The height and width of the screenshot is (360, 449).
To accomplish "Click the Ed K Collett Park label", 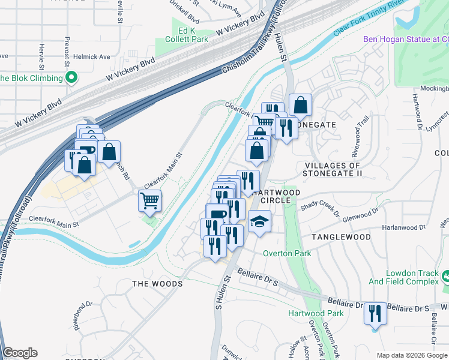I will pos(184,35).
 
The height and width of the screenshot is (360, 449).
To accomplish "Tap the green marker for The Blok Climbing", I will pos(71,77).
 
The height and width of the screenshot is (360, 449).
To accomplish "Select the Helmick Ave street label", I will pos(92,57).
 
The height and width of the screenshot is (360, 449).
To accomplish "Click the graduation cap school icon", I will pos(259,222).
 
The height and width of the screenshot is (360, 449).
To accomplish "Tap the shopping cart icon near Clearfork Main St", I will pos(149,200).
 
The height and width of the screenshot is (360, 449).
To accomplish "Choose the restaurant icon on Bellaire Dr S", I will pos(375,313).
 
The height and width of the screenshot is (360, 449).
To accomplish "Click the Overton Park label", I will pos(287,253).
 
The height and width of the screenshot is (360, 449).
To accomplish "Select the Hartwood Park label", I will pos(316,313).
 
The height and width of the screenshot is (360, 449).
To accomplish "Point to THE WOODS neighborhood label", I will pos(157,283).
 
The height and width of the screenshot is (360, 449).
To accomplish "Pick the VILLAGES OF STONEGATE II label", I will pos(333,169).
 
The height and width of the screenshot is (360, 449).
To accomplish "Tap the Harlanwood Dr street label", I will pos(405,227).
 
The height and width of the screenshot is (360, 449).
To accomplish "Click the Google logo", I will pos(20,353).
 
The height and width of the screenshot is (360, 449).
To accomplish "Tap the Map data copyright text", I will pos(411,355).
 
